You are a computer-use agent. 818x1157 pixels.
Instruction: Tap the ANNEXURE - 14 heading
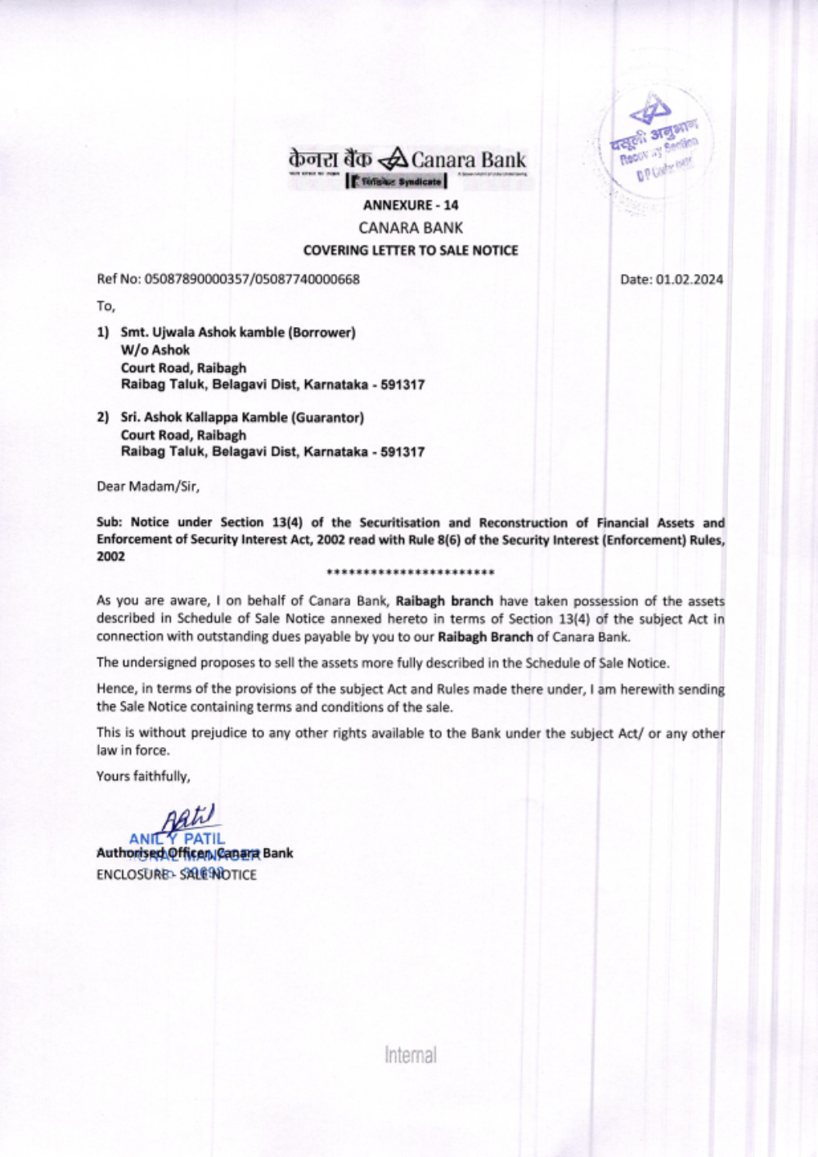pos(411,204)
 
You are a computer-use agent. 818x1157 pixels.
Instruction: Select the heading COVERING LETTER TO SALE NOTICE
pos(411,250)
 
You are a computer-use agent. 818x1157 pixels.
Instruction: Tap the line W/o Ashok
pos(155,350)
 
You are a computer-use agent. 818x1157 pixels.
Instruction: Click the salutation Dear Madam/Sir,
pos(148,486)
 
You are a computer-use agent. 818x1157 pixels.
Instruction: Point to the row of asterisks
pos(410,572)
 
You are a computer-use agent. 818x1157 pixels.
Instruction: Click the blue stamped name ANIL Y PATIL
pos(176,838)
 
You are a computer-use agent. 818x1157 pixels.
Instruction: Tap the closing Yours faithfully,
pos(143,775)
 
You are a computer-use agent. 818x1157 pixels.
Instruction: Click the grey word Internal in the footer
pos(411,1054)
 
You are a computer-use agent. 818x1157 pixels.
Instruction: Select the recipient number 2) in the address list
pos(103,417)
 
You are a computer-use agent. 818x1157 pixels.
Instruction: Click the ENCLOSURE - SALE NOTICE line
pos(176,873)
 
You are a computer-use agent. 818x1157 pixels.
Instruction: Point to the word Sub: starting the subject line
pos(110,522)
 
